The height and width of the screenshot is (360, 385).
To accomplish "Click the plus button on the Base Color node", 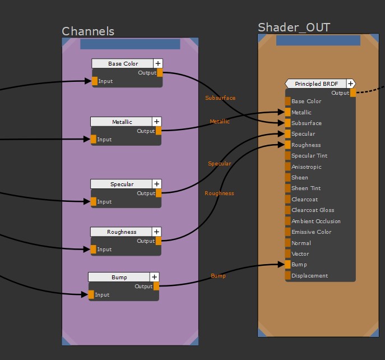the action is click(x=158, y=64).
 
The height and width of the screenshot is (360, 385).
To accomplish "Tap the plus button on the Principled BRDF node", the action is click(x=350, y=84).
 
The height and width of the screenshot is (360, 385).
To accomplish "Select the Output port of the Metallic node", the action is click(x=159, y=131).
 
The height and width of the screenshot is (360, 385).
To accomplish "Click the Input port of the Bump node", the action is click(x=91, y=294).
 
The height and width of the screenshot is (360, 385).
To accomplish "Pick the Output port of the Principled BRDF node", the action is click(x=353, y=93).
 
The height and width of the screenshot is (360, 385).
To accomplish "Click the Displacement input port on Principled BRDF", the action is click(x=287, y=275).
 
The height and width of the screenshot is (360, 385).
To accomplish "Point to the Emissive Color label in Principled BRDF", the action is click(x=312, y=232).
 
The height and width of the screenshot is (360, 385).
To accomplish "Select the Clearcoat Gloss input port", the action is click(x=287, y=210).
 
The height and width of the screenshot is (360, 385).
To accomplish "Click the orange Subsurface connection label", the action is click(x=220, y=98).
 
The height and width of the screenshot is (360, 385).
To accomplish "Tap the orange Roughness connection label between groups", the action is click(x=219, y=193).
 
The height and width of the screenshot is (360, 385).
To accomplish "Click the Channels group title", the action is click(x=88, y=31).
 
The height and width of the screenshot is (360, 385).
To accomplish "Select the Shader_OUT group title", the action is click(x=294, y=27).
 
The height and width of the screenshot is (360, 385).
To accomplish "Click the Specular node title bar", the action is click(x=122, y=184).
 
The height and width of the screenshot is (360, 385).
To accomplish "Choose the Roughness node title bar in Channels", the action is click(x=122, y=232).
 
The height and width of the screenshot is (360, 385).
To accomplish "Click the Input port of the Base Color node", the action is click(x=95, y=81).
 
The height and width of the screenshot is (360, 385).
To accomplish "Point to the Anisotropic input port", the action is click(x=287, y=167).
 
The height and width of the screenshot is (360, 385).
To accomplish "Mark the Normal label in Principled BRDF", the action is click(x=301, y=243).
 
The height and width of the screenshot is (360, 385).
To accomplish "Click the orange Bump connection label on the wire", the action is click(x=218, y=276).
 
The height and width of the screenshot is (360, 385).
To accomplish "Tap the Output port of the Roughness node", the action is click(x=159, y=241).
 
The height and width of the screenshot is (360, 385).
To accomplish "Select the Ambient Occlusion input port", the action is click(x=287, y=221).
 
